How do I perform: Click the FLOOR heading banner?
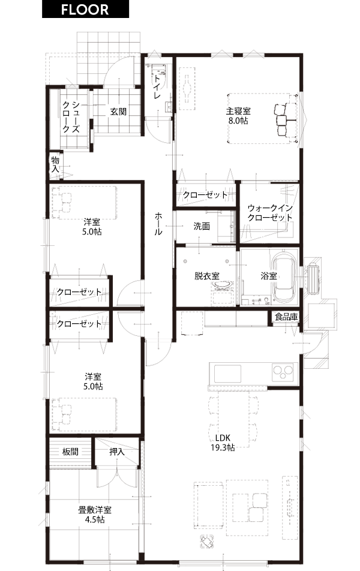pos(85,9)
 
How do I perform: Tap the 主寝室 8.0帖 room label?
pos(238,116)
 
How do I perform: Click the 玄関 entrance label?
pos(118,112)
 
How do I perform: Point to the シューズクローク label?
pos(71,116)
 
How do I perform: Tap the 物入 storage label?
pos(55,164)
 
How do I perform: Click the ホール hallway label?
pos(158,224)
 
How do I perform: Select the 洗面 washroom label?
pos(202,226)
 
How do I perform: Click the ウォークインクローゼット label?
pos(270,213)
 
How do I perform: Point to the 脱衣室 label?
pos(206,277)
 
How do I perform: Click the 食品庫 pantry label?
pos(286,317)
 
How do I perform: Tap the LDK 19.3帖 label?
pos(223,443)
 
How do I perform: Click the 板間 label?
pos(70,452)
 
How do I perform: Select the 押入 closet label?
pos(117,452)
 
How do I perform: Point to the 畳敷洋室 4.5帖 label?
pos(95,515)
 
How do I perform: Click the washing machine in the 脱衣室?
pos(222,292)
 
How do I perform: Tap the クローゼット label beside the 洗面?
pos(205,195)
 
